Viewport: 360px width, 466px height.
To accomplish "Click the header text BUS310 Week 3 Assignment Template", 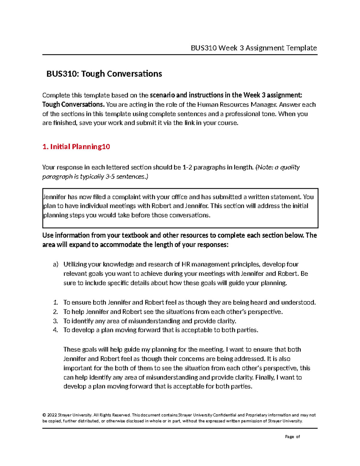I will click(254, 48).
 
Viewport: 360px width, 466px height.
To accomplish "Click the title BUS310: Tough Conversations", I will click(104, 74).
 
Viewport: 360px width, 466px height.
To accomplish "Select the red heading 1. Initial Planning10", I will click(76, 147).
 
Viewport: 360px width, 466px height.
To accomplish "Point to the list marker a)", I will click(55, 264).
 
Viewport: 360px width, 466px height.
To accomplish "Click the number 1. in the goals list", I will click(55, 302).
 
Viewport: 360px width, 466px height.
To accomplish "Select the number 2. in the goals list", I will click(55, 312).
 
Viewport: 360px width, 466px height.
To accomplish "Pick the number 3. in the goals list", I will click(55, 321).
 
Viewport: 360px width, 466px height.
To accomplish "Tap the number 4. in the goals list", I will click(55, 330).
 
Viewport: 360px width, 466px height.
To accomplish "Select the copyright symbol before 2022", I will click(44, 415).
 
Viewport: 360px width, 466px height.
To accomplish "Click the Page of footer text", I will click(292, 437).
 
